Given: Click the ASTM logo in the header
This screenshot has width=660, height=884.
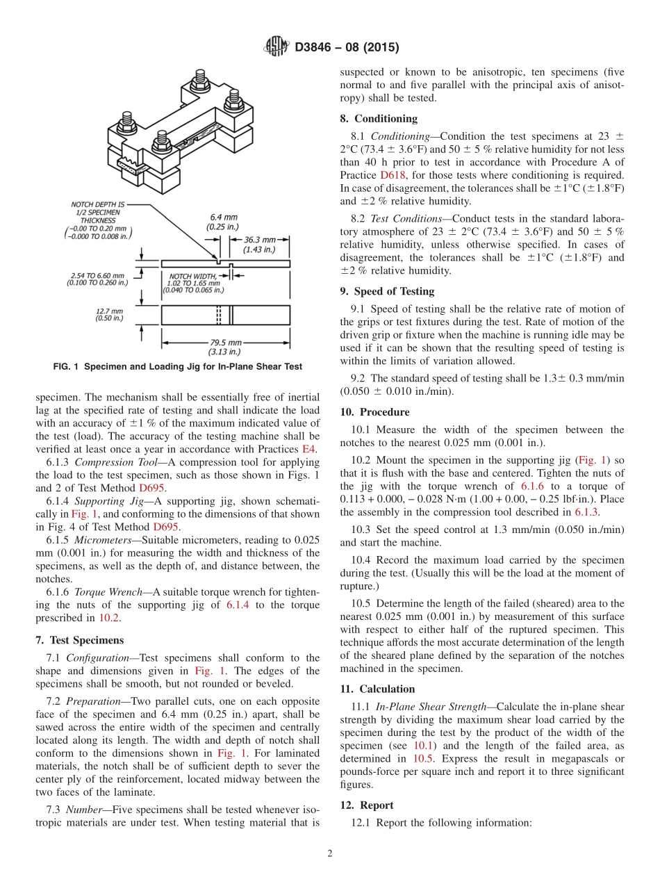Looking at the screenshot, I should [x=277, y=48].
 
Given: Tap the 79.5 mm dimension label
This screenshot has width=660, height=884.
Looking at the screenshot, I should [x=225, y=347].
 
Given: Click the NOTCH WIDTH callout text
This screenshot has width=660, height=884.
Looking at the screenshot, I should [x=192, y=284].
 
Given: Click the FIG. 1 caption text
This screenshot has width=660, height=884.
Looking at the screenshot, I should [x=179, y=366].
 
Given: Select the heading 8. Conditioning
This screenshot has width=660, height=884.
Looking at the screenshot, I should [x=379, y=119].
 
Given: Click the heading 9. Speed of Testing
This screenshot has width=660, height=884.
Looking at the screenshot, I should [x=387, y=291].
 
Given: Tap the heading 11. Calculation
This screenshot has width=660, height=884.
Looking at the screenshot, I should [x=377, y=689].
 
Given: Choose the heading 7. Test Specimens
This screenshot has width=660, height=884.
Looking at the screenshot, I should [x=79, y=639].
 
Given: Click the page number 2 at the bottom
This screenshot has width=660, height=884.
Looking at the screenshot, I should [x=330, y=853].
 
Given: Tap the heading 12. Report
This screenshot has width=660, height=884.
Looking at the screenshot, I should [x=367, y=805].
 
